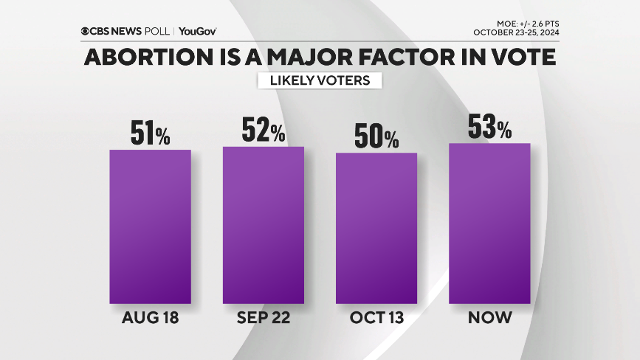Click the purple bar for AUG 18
tap(150, 226)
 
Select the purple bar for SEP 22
tap(264, 225)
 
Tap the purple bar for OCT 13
tap(376, 228)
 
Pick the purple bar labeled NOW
tap(490, 223)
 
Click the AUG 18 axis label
tap(150, 318)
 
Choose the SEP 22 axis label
tap(264, 318)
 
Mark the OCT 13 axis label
tap(376, 318)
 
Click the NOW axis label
tap(490, 318)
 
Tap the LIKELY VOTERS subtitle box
tap(320, 80)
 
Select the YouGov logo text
tap(197, 31)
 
